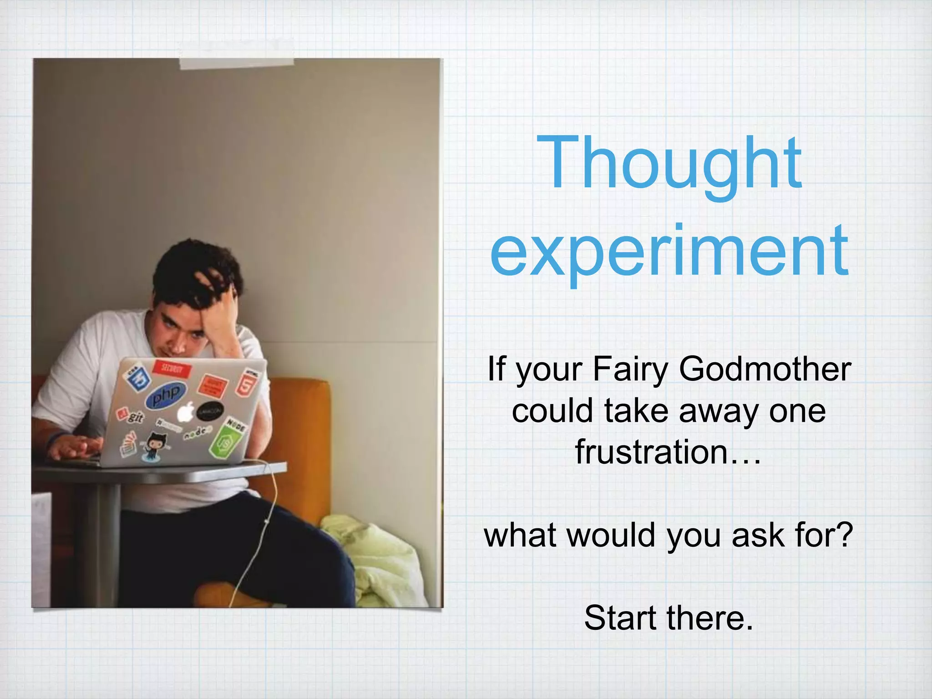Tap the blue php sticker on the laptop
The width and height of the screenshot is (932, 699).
point(166,395)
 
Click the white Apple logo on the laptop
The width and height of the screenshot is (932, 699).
point(185,412)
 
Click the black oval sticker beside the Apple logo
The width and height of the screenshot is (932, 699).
point(210,411)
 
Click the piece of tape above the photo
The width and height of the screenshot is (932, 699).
point(237,63)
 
